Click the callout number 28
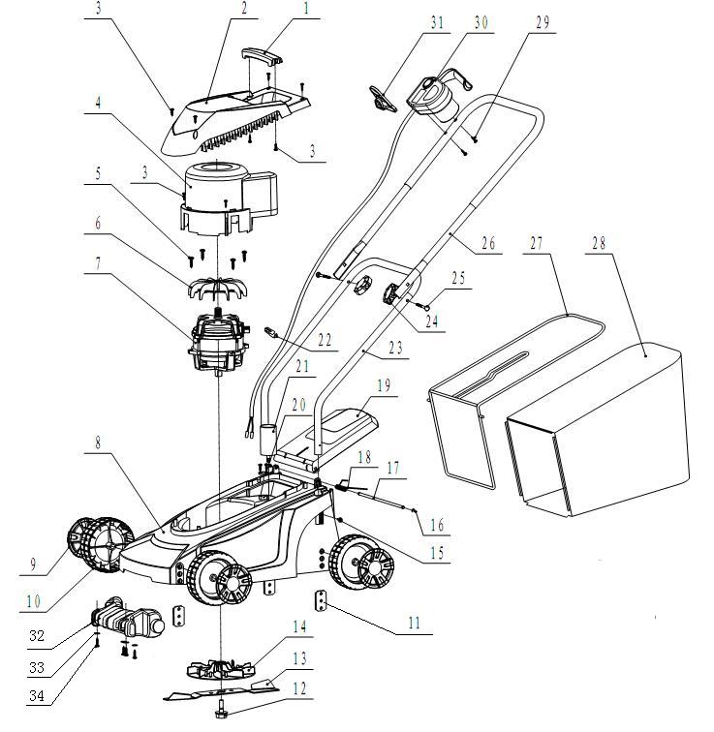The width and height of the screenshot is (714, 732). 599,244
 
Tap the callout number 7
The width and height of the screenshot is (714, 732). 98,264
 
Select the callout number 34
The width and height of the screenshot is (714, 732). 37,695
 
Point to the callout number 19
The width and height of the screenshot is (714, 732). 384,386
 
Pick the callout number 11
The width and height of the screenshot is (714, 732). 415,623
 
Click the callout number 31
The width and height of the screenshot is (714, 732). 437,23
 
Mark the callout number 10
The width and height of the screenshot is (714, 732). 33,601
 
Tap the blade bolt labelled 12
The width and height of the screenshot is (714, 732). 220,713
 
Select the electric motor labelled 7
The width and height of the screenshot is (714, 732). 219,340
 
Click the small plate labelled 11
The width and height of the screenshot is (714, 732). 321,600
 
